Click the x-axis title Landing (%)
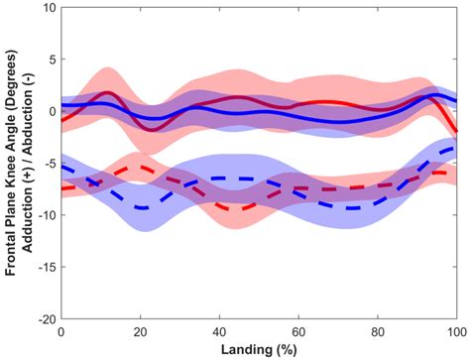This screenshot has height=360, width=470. [x=258, y=349]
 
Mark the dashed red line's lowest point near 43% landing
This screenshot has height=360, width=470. [x=233, y=208]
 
